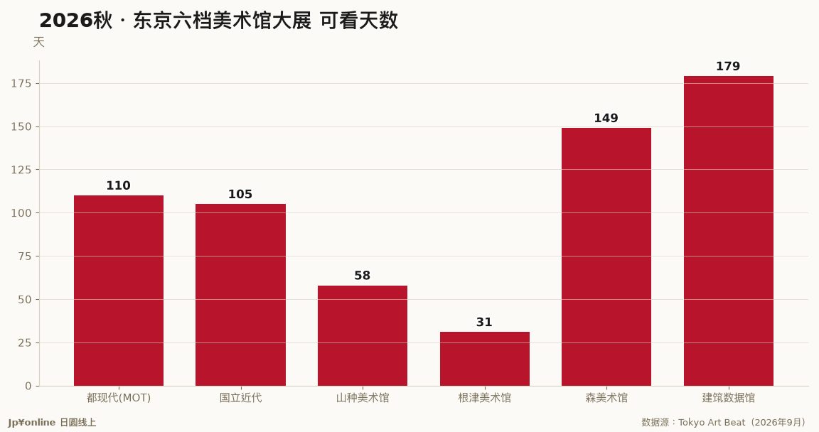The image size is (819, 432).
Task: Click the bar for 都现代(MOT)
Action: pos(119,291)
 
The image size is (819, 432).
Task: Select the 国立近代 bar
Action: pos(241,295)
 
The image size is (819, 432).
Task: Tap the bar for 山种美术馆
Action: pos(363,336)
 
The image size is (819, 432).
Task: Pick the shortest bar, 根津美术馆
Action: pos(485,359)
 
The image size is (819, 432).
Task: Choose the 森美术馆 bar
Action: pos(606,257)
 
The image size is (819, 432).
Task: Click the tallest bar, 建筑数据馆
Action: pos(729,231)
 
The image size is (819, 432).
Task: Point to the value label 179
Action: pos(728,66)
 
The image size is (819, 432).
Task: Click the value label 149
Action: pos(606,119)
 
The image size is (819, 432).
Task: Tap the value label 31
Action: pos(484,323)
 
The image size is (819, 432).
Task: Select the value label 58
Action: pos(362,276)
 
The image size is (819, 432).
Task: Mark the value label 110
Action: pos(119,185)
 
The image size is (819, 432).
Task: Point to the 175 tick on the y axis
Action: pos(21,83)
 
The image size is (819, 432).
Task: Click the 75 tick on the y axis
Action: pos(25,256)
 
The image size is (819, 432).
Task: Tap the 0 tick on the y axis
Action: pos(28,386)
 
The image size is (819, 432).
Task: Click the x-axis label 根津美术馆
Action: pos(485,398)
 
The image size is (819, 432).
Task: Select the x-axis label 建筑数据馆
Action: pos(729,398)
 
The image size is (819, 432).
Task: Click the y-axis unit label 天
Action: pos(38,42)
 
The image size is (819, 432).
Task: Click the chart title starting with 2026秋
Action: pos(218,21)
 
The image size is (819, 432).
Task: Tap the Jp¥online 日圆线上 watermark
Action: pos(52,423)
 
